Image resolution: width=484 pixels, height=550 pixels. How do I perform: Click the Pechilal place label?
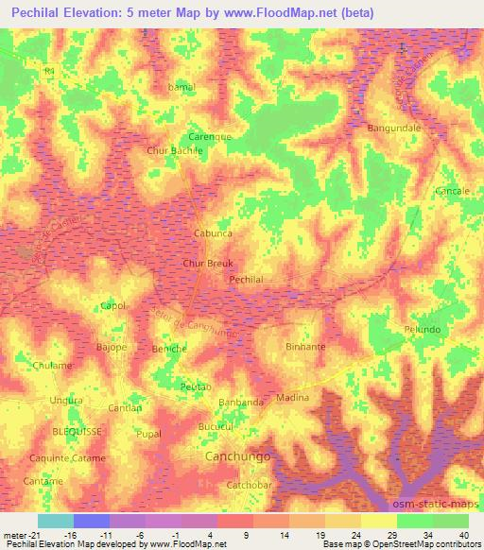tap(246, 280)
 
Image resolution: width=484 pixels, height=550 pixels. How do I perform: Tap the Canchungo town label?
tap(237, 456)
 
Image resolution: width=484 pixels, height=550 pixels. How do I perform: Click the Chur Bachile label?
tap(175, 151)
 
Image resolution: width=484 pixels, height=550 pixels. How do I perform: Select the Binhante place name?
tap(305, 347)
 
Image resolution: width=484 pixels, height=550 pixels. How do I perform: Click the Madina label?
tap(292, 398)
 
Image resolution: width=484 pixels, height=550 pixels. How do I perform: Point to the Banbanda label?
tap(241, 403)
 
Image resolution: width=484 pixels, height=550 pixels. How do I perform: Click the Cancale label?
tap(452, 191)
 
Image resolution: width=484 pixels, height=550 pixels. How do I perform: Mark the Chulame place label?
tap(53, 366)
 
